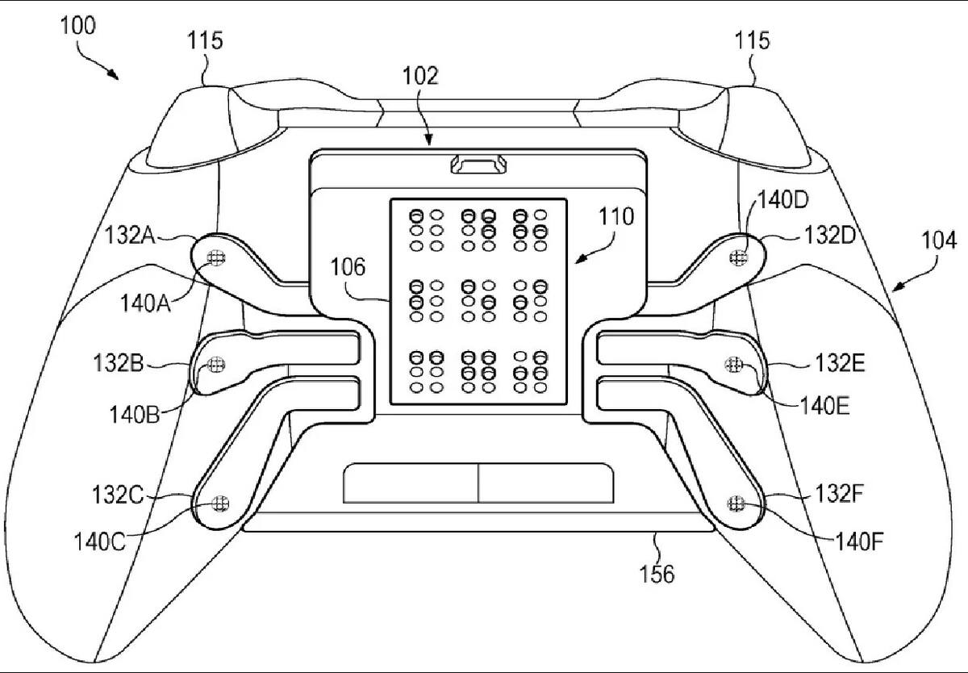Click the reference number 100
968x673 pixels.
pyautogui.click(x=77, y=26)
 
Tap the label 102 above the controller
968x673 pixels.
pyautogui.click(x=420, y=76)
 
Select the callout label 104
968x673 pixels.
pyautogui.click(x=939, y=240)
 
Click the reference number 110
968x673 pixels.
pyautogui.click(x=616, y=216)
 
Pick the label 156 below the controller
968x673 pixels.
pyautogui.click(x=657, y=574)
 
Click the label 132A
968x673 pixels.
pyautogui.click(x=130, y=236)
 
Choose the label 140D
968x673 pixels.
pyautogui.click(x=783, y=200)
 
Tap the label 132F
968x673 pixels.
pyautogui.click(x=839, y=493)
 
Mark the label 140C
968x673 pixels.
pyautogui.click(x=99, y=541)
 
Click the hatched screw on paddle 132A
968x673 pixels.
pyautogui.click(x=216, y=258)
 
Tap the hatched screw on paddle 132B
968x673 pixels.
pyautogui.click(x=216, y=365)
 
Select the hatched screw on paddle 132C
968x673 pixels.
pyautogui.click(x=221, y=503)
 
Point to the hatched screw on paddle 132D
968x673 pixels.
pyautogui.click(x=737, y=258)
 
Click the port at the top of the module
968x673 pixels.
pyautogui.click(x=478, y=165)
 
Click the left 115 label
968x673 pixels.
pyautogui.click(x=205, y=40)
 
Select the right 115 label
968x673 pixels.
pyautogui.click(x=753, y=40)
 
